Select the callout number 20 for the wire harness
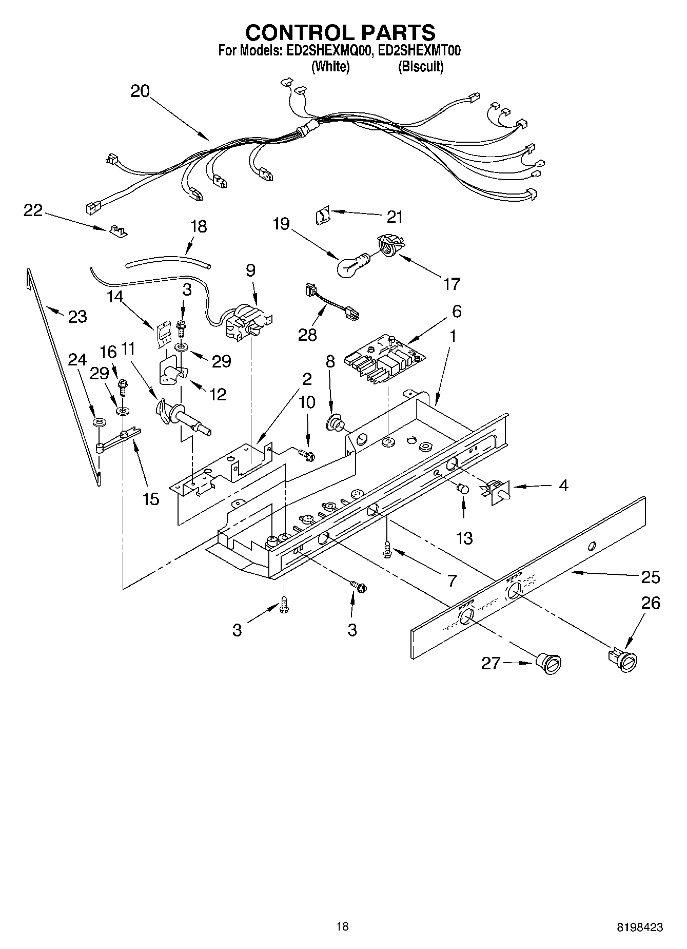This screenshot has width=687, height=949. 140,91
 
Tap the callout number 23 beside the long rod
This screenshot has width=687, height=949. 77,317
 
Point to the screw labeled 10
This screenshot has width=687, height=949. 306,453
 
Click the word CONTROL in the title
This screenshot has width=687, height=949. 293,33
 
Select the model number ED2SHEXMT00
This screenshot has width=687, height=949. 419,51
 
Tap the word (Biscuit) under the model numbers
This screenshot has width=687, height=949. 421,66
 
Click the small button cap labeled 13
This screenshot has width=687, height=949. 463,489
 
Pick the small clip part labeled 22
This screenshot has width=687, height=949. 117,230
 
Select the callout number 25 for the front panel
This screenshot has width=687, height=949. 650,577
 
